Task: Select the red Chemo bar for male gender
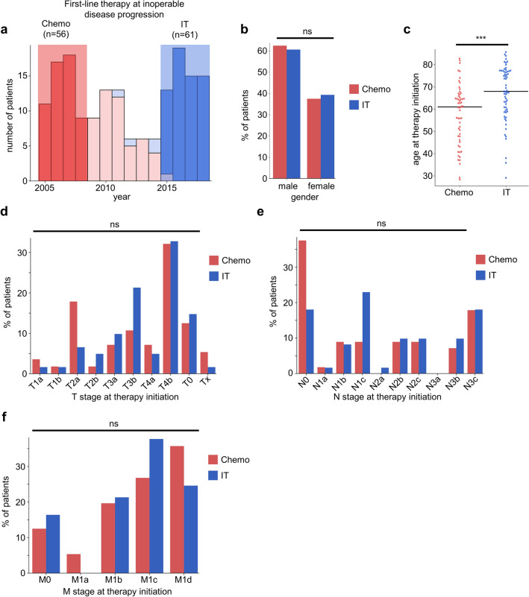click(280, 112)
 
